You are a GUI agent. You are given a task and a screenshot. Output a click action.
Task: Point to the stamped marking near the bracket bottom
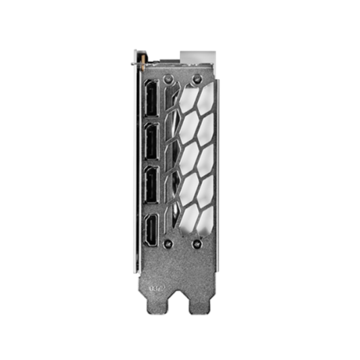(157, 292)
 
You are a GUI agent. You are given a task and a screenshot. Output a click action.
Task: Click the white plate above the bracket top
(196, 57)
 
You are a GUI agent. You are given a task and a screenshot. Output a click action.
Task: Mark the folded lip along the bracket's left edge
(137, 169)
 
